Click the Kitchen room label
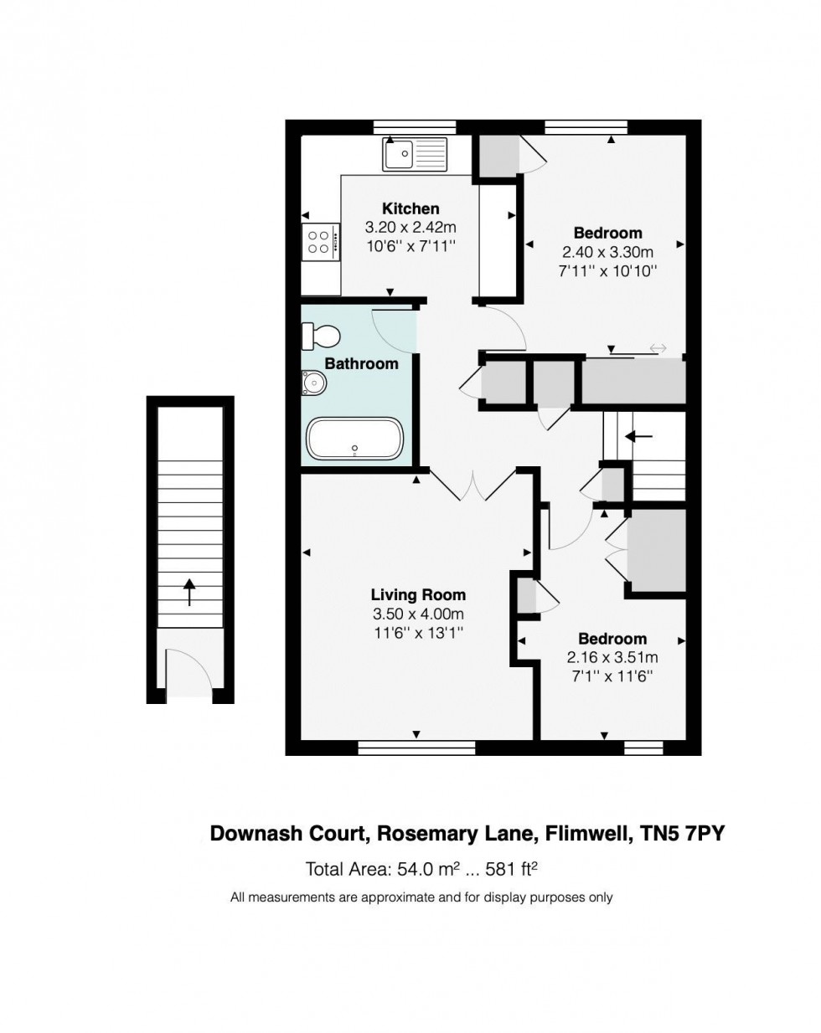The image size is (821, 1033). point(410,208)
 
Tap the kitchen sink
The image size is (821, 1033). point(416,154)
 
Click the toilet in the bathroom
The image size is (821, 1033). point(322,337)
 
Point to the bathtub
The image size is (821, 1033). point(355,439)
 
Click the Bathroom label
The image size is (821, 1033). point(361,363)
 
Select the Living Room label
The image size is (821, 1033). point(418,595)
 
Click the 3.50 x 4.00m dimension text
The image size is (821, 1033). point(418,614)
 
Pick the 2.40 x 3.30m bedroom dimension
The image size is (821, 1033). point(607,252)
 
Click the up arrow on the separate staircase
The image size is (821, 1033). point(189,592)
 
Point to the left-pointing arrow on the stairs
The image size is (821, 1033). point(641,436)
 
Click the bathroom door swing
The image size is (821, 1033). point(394,331)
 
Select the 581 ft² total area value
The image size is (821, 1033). point(511,869)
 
